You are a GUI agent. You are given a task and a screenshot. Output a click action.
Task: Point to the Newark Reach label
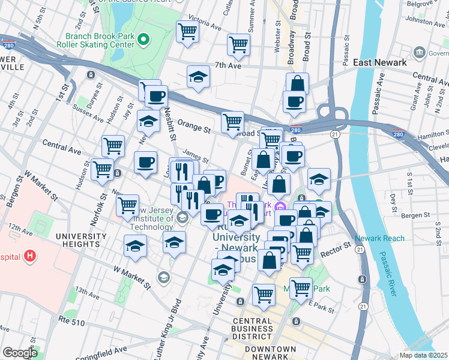(379, 238)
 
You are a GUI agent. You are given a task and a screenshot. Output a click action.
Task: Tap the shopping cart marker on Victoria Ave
(187, 31)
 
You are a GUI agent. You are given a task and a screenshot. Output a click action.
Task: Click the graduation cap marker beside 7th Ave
(198, 77)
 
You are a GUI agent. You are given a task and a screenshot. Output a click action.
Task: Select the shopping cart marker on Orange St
(232, 122)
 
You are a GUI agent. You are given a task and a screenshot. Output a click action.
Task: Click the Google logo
(20, 353)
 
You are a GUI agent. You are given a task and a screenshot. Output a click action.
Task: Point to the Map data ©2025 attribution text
(424, 355)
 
